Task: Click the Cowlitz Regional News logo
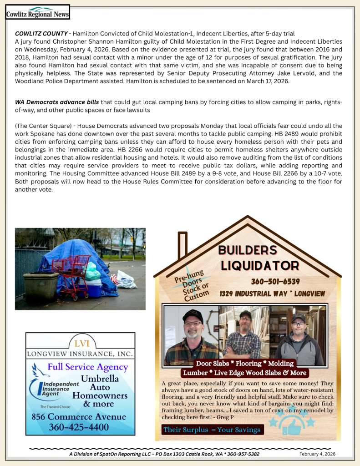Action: [x=37, y=12]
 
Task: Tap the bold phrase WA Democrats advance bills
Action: [x=57, y=101]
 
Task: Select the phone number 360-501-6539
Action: [x=275, y=282]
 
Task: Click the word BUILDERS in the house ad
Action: [x=248, y=250]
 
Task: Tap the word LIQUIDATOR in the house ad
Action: [x=259, y=265]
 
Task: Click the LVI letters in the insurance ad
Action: [x=80, y=343]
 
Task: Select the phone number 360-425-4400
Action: [x=79, y=427]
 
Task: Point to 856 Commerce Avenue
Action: [x=79, y=417]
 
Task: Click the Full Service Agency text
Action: [x=88, y=367]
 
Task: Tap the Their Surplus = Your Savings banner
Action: [x=212, y=430]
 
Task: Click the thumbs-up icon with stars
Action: [x=292, y=423]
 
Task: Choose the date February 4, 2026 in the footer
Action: [x=317, y=454]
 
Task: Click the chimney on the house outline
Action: [x=183, y=245]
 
